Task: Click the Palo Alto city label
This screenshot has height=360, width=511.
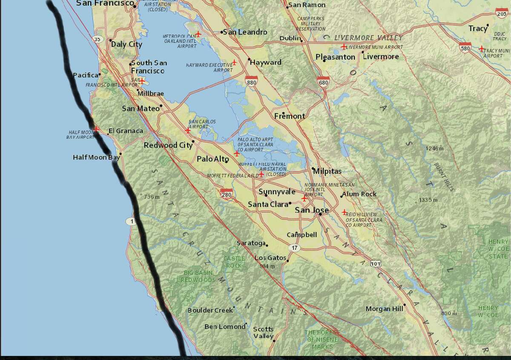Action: (x=212, y=159)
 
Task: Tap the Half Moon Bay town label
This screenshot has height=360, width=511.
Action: (x=96, y=157)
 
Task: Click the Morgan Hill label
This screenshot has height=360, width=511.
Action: (x=384, y=309)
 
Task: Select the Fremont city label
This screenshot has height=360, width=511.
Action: (x=290, y=116)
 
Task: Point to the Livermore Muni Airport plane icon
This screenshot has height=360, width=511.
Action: (x=343, y=46)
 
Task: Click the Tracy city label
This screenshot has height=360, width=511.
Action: (x=478, y=29)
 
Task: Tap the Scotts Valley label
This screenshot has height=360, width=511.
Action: (x=264, y=333)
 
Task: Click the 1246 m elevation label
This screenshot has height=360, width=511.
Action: (x=434, y=149)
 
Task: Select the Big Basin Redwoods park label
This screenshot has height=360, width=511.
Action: (x=198, y=276)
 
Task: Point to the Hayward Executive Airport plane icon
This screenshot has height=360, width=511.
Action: (x=234, y=62)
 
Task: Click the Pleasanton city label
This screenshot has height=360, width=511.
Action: (x=336, y=57)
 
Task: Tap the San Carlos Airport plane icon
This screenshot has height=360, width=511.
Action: (x=188, y=131)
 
